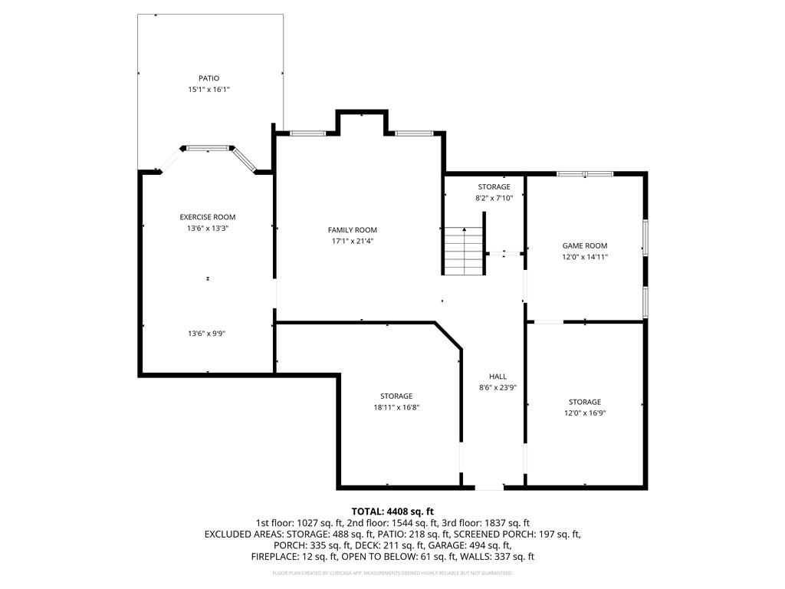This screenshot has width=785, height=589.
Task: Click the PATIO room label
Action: click(209, 78)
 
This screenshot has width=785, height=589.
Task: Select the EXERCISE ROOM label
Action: click(208, 217)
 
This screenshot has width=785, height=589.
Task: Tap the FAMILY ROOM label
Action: click(353, 230)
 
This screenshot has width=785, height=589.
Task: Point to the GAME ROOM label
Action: click(585, 246)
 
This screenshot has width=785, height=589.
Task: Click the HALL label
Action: click(498, 377)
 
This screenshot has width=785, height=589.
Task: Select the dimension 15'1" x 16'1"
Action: click(209, 90)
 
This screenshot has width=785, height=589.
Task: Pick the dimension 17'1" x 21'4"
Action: click(353, 241)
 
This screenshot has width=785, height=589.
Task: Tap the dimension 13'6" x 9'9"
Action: click(207, 334)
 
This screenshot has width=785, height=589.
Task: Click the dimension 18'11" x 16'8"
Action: click(396, 407)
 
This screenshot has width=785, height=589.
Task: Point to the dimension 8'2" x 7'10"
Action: click(494, 198)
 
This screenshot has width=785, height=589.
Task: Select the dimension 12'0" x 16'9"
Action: click(585, 413)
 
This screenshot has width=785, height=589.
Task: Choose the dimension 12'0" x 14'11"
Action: click(585, 257)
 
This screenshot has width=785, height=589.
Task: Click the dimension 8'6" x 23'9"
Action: click(498, 387)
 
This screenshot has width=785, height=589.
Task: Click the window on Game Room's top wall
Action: click(585, 174)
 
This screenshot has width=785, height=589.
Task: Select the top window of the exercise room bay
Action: click(209, 148)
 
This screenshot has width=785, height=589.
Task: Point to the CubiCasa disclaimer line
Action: click(392, 573)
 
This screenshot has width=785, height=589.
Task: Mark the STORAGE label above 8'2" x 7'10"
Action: click(494, 187)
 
